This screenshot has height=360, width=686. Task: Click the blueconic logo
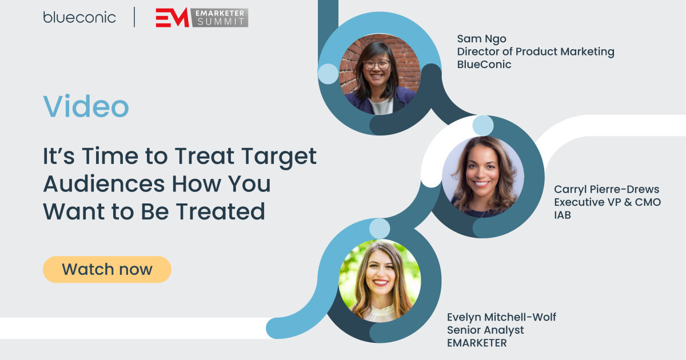79,17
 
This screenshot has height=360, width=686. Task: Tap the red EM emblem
172,18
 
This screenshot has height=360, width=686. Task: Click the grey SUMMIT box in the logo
220,22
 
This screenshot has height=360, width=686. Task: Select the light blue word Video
86,106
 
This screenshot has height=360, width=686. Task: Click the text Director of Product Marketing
536,51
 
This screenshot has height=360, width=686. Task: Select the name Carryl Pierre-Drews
607,189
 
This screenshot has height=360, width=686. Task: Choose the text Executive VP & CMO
608,202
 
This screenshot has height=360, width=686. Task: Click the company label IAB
563,215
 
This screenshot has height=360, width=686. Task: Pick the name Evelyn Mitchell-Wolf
501,317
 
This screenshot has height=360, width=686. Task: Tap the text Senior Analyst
485,330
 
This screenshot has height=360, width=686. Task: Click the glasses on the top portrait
377,65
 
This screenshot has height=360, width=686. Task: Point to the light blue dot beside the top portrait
328,74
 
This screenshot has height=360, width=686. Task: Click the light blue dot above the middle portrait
482,125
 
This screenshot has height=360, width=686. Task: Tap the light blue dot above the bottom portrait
379,229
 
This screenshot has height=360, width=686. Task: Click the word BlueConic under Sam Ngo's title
484,65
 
